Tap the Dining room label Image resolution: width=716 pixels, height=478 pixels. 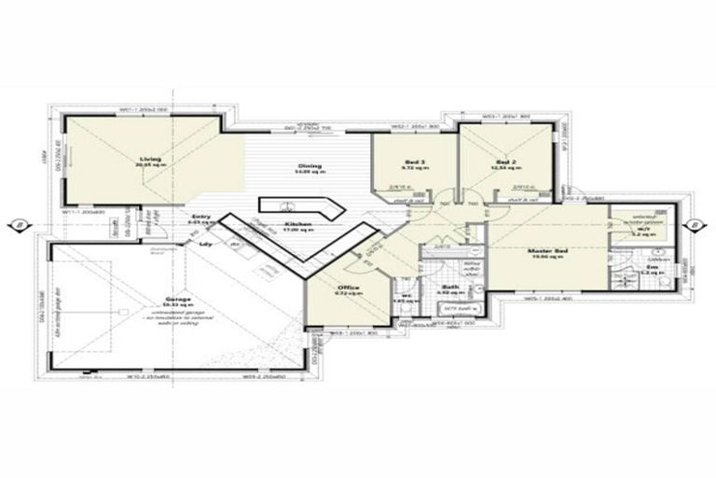coord(310,165)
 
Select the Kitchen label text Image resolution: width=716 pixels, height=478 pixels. coord(297,224)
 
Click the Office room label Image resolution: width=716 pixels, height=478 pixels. coord(349,288)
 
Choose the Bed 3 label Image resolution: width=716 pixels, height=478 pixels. coord(414,161)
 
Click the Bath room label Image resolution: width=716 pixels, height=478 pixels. coord(449,288)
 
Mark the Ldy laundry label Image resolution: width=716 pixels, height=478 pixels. coord(204,245)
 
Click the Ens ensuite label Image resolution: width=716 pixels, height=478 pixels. coord(652,268)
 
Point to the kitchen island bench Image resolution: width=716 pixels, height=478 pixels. coord(289,205)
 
